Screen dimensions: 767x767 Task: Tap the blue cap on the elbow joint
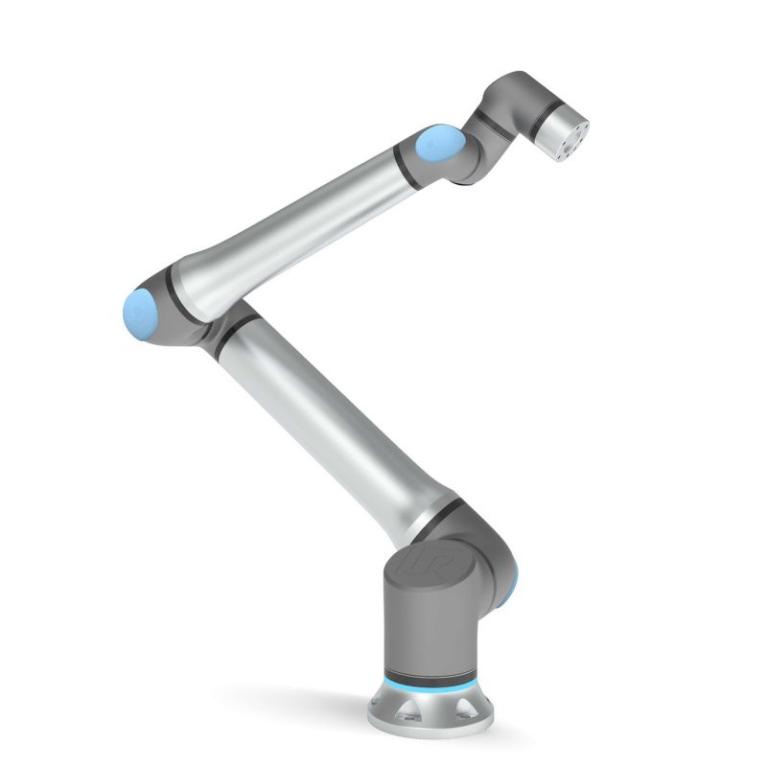[140, 310]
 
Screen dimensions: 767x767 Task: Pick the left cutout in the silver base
[394, 710]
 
